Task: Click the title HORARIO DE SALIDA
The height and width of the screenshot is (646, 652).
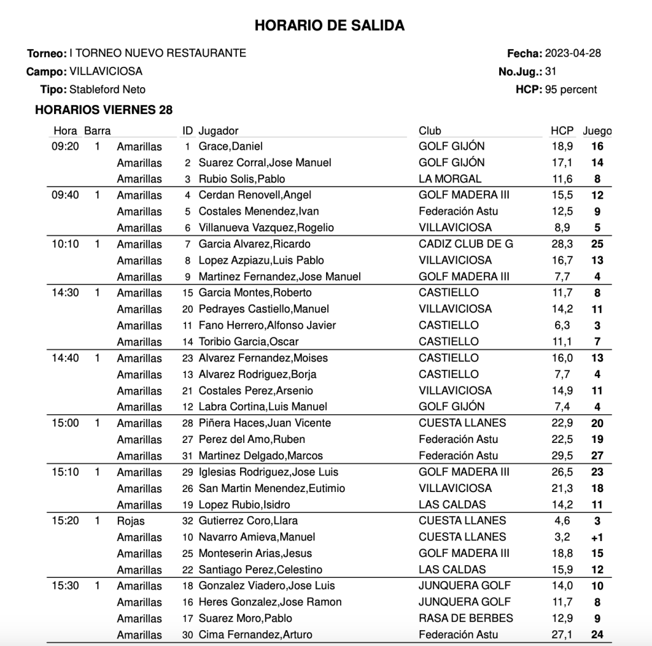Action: coord(329,25)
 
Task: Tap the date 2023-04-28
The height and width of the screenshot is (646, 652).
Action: coord(573,53)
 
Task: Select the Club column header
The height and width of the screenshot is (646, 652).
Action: coord(430,131)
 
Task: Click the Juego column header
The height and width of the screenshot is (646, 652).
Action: coord(597,131)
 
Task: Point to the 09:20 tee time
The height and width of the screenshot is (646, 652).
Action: coord(64,146)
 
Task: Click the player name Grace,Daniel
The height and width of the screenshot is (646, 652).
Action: coord(230,146)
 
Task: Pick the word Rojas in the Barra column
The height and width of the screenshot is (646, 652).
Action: coord(131,521)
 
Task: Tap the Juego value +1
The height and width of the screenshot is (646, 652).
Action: coord(597,537)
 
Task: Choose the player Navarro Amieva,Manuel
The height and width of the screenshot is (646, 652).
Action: coord(257,537)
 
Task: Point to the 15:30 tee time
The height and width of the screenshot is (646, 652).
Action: coord(64,586)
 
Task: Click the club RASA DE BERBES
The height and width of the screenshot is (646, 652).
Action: coord(465,618)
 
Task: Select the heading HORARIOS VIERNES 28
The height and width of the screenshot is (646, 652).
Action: coord(104,110)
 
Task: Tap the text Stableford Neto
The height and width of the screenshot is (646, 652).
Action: coord(107,90)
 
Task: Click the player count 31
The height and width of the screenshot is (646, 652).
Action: coord(551,72)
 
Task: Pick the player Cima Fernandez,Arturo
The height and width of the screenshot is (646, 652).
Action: coord(255,635)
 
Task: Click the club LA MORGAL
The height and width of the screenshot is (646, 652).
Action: coord(450,179)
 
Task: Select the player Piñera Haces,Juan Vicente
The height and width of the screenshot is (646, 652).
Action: coord(265,423)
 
